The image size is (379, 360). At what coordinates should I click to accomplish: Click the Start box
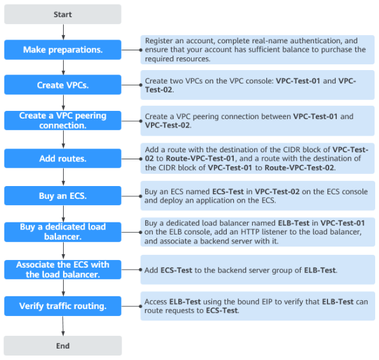pyautogui.click(x=62, y=14)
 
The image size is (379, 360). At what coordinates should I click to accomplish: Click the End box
pyautogui.click(x=62, y=345)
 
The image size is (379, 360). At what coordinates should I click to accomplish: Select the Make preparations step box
pyautogui.click(x=62, y=50)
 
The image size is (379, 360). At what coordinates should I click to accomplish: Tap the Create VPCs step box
pyautogui.click(x=62, y=85)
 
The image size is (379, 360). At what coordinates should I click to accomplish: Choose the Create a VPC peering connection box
pyautogui.click(x=62, y=120)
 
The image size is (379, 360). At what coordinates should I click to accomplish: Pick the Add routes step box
pyautogui.click(x=62, y=158)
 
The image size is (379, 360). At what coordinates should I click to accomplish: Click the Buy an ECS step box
pyautogui.click(x=62, y=196)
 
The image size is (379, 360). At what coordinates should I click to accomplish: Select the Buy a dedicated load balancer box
pyautogui.click(x=62, y=232)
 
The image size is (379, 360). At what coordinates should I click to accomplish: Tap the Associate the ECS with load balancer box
pyautogui.click(x=62, y=270)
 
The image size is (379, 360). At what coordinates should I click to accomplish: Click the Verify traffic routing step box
pyautogui.click(x=62, y=306)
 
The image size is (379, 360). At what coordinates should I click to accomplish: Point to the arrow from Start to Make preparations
pyautogui.click(x=62, y=32)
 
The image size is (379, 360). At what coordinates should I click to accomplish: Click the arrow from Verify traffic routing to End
pyautogui.click(x=62, y=326)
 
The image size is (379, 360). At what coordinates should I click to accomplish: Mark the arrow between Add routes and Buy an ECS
pyautogui.click(x=62, y=177)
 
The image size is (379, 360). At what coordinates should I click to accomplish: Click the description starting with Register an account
pyautogui.click(x=257, y=49)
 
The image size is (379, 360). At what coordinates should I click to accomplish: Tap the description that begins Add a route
pyautogui.click(x=257, y=159)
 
